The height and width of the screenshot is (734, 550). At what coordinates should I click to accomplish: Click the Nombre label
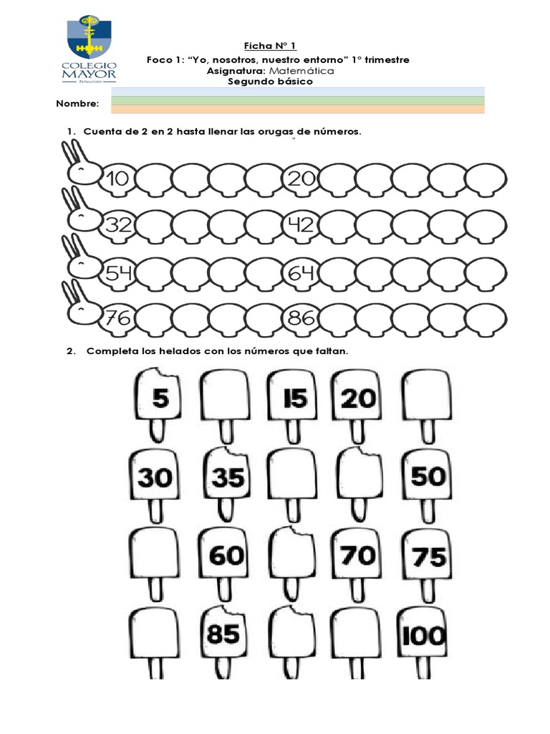77,105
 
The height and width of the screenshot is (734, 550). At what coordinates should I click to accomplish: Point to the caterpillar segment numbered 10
116,178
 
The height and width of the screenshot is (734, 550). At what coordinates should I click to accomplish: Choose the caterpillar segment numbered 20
301,178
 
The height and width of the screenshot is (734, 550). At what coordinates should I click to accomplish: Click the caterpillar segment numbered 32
116,225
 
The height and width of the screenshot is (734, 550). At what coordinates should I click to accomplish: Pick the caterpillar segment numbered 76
116,318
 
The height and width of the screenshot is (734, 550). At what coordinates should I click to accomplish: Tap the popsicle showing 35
226,476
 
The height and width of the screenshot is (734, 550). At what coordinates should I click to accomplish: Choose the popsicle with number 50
428,476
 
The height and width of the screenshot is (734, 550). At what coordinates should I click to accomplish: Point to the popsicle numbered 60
226,555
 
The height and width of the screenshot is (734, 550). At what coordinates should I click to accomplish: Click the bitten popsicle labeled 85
223,634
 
